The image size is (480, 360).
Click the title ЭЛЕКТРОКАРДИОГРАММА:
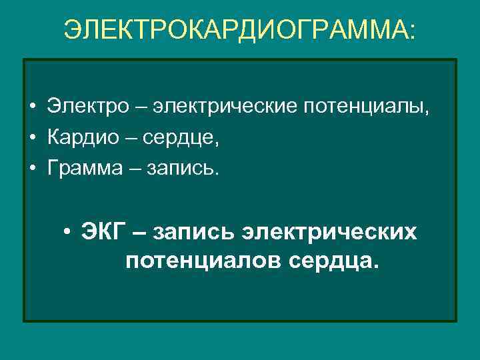coord(239,30)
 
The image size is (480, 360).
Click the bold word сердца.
coord(334,261)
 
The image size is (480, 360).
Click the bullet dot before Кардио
coord(32,139)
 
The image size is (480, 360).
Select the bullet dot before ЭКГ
coord(68,233)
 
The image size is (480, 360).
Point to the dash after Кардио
coord(134,139)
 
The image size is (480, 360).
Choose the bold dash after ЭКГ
coord(141,233)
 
